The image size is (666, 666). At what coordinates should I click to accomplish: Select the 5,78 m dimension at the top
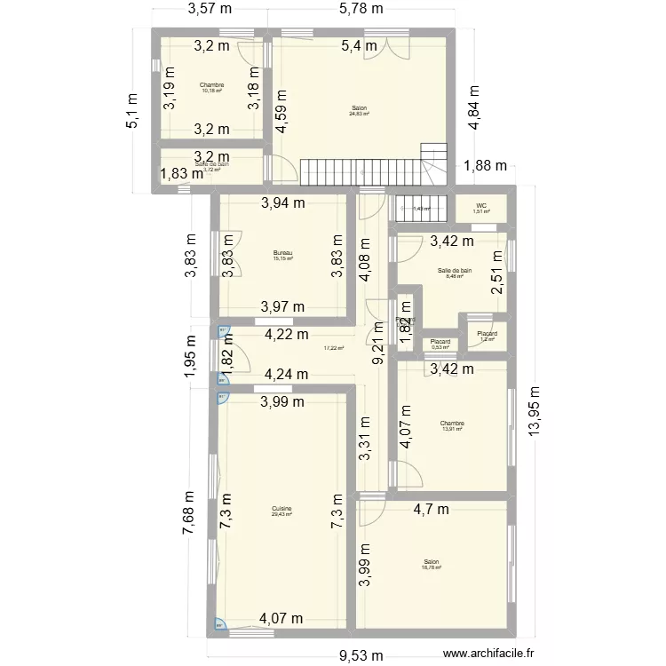pos(362,11)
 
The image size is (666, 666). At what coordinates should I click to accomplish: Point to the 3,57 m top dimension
pos(210,11)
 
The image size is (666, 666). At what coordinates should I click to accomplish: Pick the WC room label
pos(480,206)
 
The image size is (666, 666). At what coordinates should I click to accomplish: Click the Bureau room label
pos(282,253)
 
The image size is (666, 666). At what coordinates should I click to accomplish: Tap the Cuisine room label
pos(282,509)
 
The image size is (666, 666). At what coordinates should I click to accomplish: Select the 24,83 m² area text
pos(359,114)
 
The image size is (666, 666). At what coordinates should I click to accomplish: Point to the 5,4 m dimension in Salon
pos(360,45)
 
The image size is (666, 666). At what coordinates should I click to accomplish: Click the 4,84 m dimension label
pos(475,108)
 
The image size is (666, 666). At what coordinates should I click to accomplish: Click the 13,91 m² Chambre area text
pos(453,430)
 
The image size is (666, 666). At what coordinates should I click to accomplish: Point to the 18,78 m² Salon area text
pos(432,567)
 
